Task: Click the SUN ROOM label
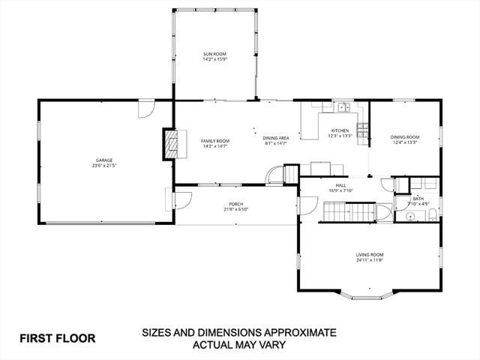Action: click(214, 54)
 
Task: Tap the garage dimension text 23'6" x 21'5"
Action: click(103, 165)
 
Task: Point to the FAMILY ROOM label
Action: click(214, 141)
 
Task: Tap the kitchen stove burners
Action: click(363, 131)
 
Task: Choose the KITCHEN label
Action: click(340, 130)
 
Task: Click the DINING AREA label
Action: click(276, 138)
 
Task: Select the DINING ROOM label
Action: click(404, 136)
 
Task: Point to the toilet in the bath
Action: click(433, 216)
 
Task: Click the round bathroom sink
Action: click(410, 217)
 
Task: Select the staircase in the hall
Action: click(349, 212)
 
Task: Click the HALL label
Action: click(340, 185)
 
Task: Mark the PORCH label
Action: click(236, 204)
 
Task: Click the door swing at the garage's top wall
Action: click(145, 109)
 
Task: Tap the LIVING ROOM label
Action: click(370, 256)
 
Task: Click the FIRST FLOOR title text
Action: click(57, 337)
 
